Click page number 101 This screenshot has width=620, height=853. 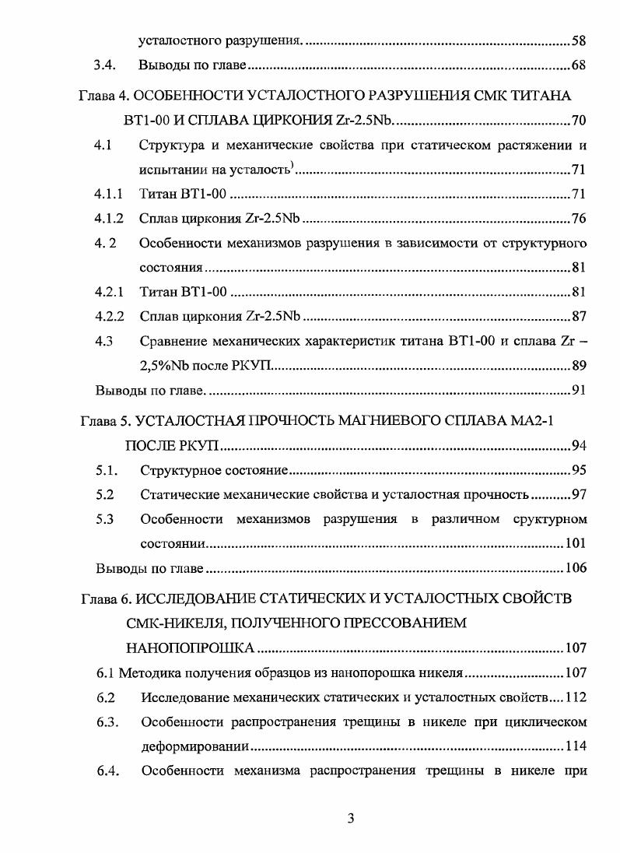tap(575, 543)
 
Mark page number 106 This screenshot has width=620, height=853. tap(575, 568)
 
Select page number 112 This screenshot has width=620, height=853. tap(575, 697)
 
